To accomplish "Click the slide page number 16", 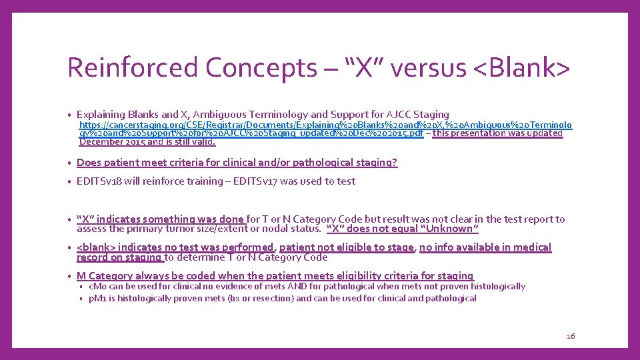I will [570, 336].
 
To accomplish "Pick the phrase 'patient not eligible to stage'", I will [347, 247].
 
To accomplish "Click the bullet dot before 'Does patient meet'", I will [70, 163].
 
